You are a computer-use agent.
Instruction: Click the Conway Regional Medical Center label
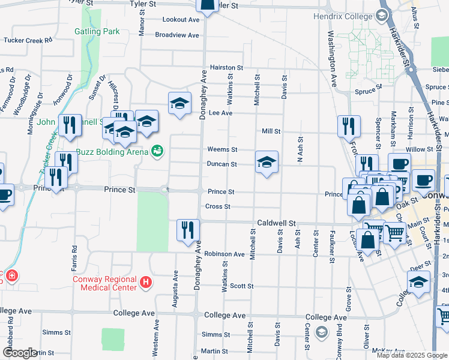(x=104, y=283)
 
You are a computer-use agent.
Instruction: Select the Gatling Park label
(x=97, y=31)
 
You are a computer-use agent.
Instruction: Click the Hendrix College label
(x=343, y=16)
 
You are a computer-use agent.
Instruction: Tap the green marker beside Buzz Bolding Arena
(x=157, y=150)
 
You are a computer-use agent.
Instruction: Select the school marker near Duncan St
(x=267, y=162)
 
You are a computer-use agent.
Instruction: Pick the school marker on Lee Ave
(x=179, y=104)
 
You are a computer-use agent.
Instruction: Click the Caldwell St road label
(x=277, y=223)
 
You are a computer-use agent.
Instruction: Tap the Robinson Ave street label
(x=224, y=254)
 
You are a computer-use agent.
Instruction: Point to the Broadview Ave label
(x=176, y=35)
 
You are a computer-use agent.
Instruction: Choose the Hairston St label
(x=226, y=68)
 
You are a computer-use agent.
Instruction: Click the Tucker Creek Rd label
(x=29, y=41)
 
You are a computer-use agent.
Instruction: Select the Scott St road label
(x=242, y=286)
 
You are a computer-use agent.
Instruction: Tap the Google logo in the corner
(x=20, y=353)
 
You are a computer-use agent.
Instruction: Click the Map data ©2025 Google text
(x=412, y=355)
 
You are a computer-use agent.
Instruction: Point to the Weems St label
(x=222, y=149)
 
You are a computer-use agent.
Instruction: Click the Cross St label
(x=218, y=206)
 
